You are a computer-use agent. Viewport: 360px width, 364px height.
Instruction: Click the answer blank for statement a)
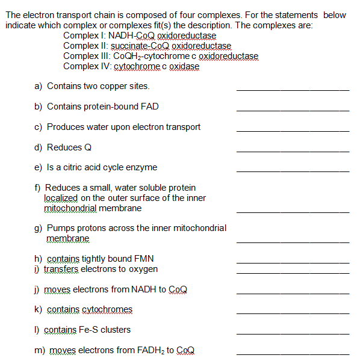293,89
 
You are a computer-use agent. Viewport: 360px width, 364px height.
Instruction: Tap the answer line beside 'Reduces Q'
293,150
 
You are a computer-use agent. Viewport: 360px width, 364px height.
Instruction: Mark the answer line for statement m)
293,354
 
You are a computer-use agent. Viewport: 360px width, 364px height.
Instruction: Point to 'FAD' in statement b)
150,106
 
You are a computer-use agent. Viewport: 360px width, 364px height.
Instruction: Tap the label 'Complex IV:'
85,66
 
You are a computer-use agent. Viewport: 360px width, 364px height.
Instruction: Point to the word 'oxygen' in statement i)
143,269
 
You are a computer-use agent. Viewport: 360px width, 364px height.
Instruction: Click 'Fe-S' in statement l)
90,330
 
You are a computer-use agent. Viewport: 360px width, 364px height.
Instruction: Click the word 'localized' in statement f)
61,198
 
